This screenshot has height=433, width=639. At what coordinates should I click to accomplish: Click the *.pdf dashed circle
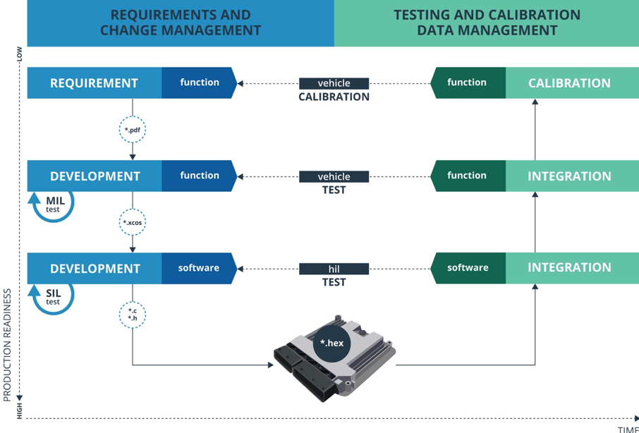(133, 130)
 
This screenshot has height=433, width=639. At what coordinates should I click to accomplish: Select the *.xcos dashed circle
(133, 222)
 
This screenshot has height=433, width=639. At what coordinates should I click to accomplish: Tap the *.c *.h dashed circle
(133, 315)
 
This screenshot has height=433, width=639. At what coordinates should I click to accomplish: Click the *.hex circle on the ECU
(331, 343)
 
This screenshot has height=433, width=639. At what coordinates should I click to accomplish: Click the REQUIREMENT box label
(94, 83)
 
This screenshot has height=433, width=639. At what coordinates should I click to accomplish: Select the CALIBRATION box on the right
(569, 83)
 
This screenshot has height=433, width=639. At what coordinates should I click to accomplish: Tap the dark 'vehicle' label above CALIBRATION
(334, 83)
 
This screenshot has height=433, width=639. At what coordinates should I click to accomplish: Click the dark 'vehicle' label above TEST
(334, 176)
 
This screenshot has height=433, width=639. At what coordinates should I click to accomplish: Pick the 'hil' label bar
(334, 269)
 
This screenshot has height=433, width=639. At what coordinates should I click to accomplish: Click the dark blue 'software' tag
(198, 268)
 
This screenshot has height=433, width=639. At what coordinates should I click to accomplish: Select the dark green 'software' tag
(468, 268)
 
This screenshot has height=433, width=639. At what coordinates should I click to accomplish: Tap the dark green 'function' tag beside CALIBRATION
(467, 83)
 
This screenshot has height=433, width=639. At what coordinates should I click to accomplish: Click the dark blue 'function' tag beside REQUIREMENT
(199, 83)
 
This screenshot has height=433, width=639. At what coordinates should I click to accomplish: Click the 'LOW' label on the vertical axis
(19, 54)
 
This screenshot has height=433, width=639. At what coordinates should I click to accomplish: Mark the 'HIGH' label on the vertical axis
(19, 410)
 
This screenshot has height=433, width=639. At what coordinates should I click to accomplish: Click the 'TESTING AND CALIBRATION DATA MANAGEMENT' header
(487, 23)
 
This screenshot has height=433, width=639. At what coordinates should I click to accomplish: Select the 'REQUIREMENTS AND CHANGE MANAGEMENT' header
(181, 23)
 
